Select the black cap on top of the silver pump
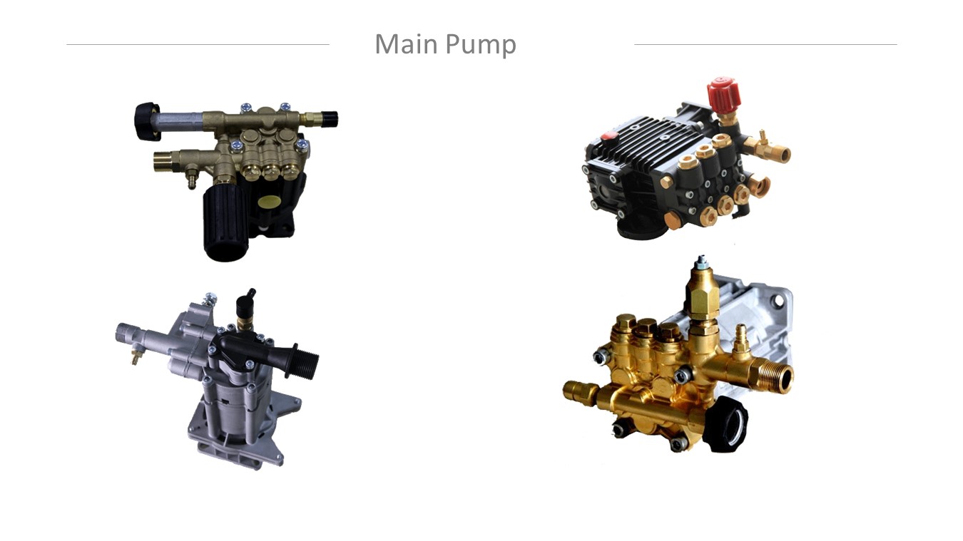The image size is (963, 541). (x=245, y=304)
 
